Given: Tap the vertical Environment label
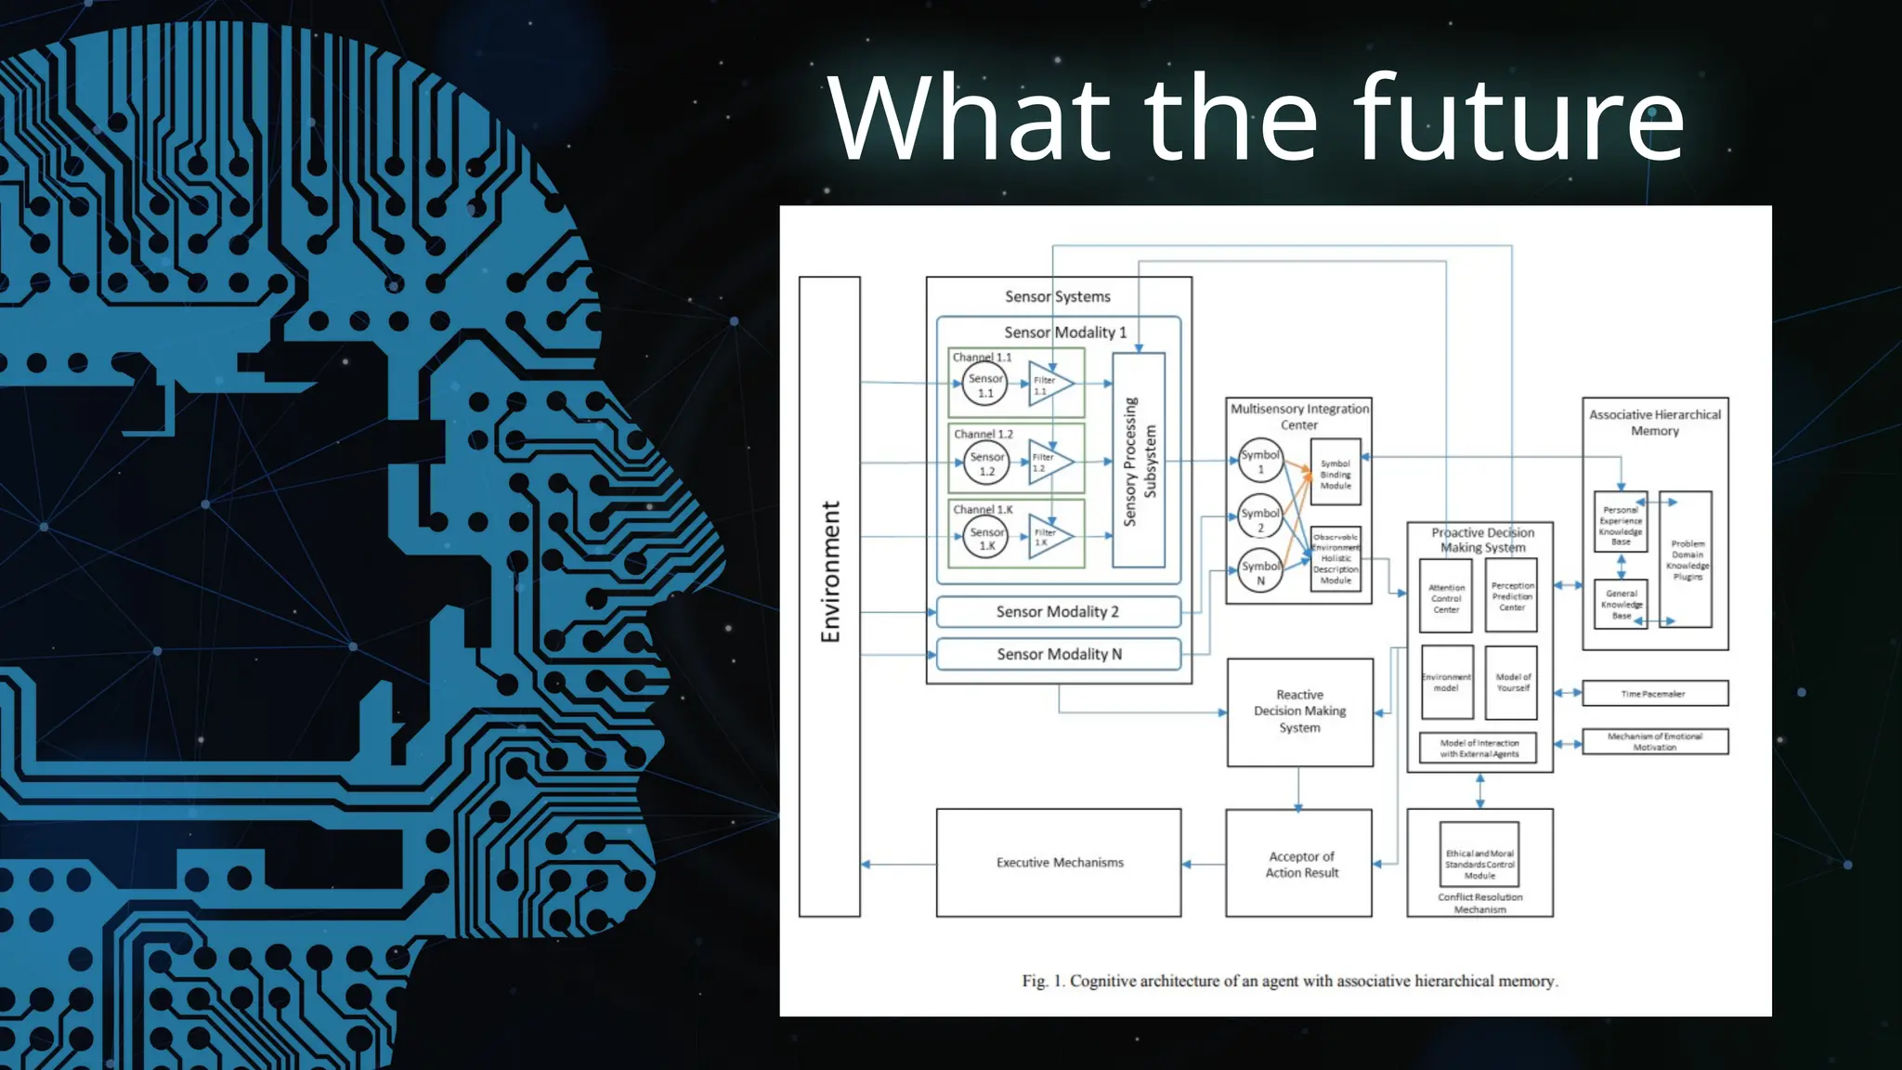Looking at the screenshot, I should [829, 572].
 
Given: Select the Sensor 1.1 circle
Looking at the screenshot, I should [985, 385].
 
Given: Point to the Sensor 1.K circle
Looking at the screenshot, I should [986, 538].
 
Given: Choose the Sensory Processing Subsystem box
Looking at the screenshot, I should [1139, 461].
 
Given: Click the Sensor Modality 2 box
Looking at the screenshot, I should [1058, 612].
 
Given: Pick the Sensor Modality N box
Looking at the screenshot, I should [1059, 654].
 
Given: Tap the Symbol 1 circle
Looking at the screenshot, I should [1260, 461].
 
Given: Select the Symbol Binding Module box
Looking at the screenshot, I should [1335, 473].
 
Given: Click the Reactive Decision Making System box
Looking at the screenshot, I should [1299, 711].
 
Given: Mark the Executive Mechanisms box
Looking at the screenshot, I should [1059, 863].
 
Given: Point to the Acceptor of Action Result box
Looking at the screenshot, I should [1299, 864].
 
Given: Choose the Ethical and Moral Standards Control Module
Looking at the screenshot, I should [1479, 864].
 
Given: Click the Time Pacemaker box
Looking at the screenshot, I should [1654, 693].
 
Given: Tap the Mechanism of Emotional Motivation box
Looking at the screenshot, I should [1654, 741].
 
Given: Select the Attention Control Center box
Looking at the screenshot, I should [1446, 598].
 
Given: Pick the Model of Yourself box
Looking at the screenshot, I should [1512, 683].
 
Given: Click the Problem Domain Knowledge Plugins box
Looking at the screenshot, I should [1687, 559].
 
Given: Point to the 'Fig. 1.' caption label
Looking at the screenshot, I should [1043, 981].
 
